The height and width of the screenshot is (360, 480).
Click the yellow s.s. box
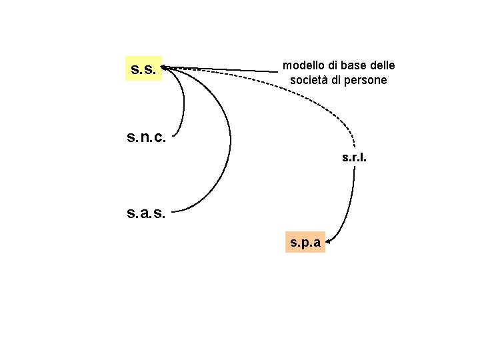pyautogui.click(x=143, y=69)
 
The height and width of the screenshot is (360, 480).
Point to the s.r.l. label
pyautogui.click(x=354, y=159)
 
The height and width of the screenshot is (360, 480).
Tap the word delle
pyautogui.click(x=381, y=65)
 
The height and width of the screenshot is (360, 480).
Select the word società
pyautogui.click(x=311, y=80)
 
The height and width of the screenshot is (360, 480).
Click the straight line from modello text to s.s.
pyautogui.click(x=227, y=69)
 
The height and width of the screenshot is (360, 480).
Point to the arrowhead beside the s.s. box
pyautogui.click(x=165, y=67)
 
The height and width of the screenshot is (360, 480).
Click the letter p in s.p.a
pyautogui.click(x=304, y=243)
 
